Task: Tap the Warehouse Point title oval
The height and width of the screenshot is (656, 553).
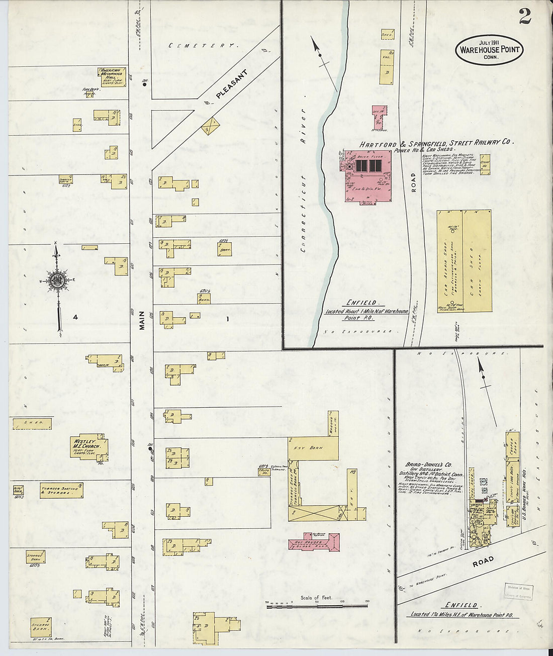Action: tap(489, 50)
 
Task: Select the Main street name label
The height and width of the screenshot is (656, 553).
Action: tap(142, 320)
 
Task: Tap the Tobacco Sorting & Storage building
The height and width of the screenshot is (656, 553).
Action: tap(61, 491)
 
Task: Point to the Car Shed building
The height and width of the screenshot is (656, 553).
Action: tap(477, 261)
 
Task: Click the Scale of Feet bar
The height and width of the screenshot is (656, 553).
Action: tap(317, 606)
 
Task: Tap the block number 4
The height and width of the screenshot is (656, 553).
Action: tap(75, 317)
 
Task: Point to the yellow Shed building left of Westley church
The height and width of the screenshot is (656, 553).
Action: tap(32, 423)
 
